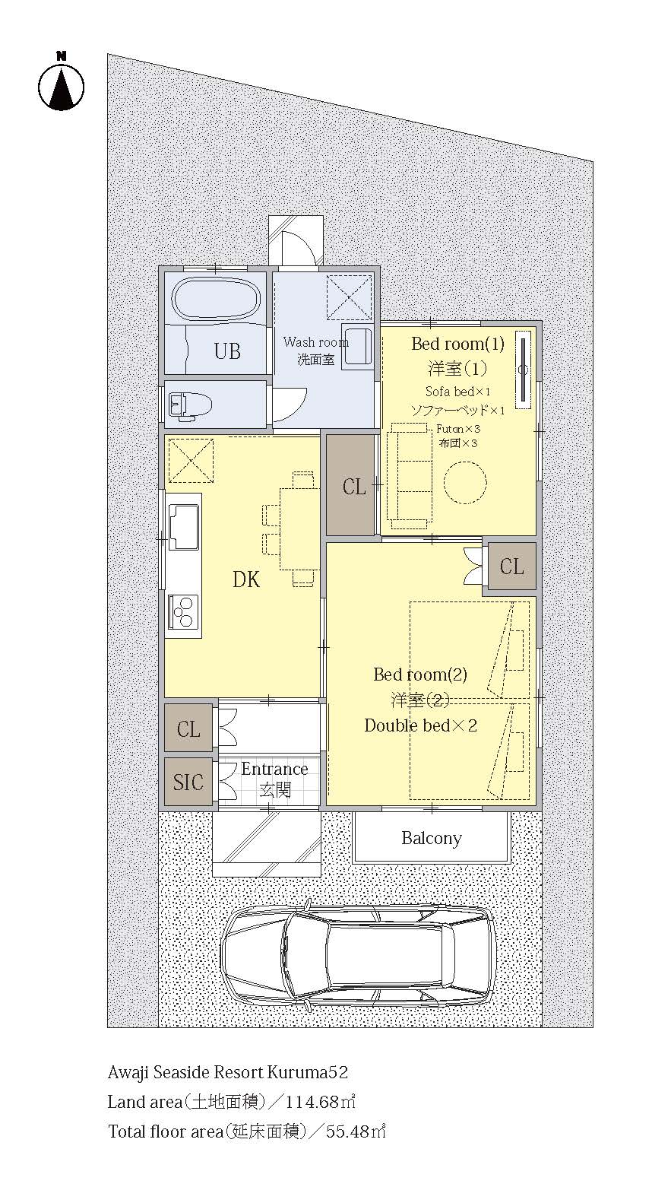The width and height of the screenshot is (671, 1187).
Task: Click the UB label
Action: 227,351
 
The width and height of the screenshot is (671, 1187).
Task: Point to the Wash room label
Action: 315,341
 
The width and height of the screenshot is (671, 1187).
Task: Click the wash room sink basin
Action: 358,347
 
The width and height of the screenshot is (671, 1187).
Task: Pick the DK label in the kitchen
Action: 246,579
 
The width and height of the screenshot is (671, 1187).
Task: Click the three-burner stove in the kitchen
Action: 183,611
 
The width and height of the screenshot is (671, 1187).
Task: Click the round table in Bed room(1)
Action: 464,483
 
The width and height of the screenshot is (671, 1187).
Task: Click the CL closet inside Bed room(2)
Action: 511,567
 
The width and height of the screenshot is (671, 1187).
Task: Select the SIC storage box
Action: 188,782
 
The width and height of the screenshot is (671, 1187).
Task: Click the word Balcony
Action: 431,838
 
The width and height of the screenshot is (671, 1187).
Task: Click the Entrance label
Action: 274,769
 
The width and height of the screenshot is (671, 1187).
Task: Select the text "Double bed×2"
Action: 420,725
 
